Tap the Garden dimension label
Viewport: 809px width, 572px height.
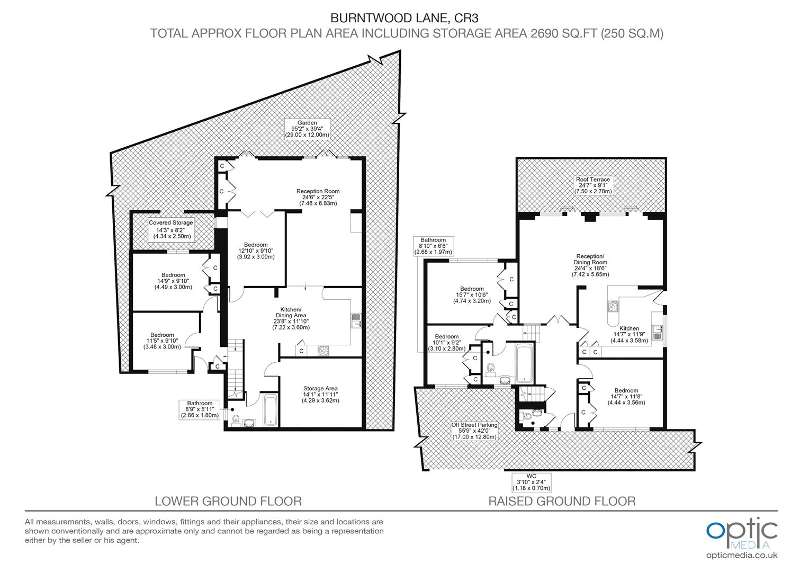[x=307, y=129]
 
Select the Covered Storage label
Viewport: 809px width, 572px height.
[x=171, y=229]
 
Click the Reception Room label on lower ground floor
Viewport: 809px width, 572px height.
[x=318, y=197]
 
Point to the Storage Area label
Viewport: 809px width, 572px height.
[x=320, y=395]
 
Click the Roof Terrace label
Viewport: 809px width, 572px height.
[x=593, y=185]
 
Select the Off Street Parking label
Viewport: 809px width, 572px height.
[x=474, y=431]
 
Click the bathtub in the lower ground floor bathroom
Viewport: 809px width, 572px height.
[x=270, y=409]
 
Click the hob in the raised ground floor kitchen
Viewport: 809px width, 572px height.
[x=615, y=306]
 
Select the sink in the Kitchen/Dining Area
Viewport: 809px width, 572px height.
[x=355, y=320]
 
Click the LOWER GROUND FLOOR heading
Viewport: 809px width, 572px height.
[x=228, y=501]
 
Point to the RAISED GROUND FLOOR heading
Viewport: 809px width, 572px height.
[x=562, y=501]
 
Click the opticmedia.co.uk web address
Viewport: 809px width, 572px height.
[x=742, y=555]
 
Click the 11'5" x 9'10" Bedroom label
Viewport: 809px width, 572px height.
[x=162, y=341]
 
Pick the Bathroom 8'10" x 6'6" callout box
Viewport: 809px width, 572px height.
[x=434, y=246]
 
